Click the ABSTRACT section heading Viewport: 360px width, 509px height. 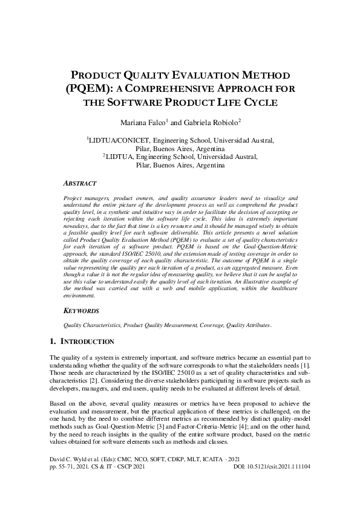(x=80, y=182)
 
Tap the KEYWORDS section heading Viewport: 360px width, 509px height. (x=81, y=310)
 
